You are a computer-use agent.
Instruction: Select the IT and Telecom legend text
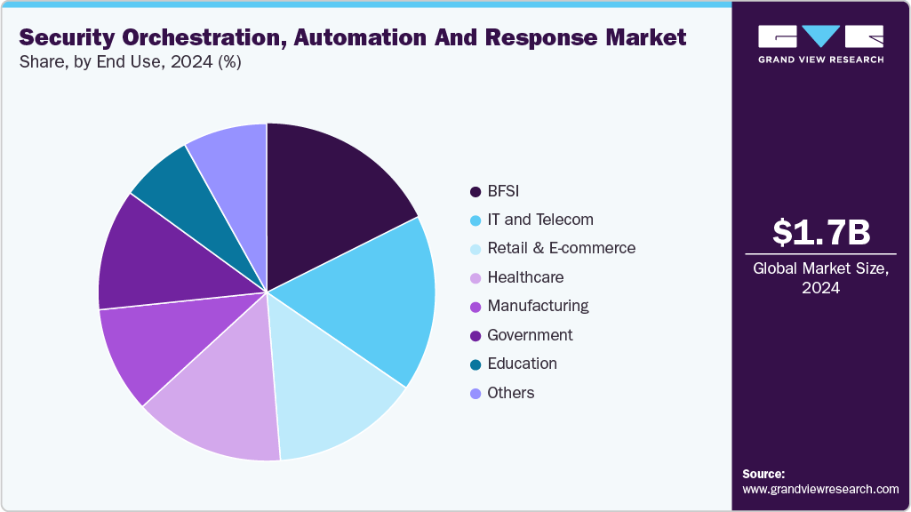540,220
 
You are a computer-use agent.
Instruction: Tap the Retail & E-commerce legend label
561,248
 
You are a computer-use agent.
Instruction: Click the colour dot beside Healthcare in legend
475,278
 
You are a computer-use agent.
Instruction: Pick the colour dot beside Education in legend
475,364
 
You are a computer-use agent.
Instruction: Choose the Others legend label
511,393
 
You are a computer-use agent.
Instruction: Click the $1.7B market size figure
820,232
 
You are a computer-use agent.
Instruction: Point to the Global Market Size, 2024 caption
820,278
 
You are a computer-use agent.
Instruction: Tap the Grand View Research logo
820,44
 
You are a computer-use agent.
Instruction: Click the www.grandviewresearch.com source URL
820,489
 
